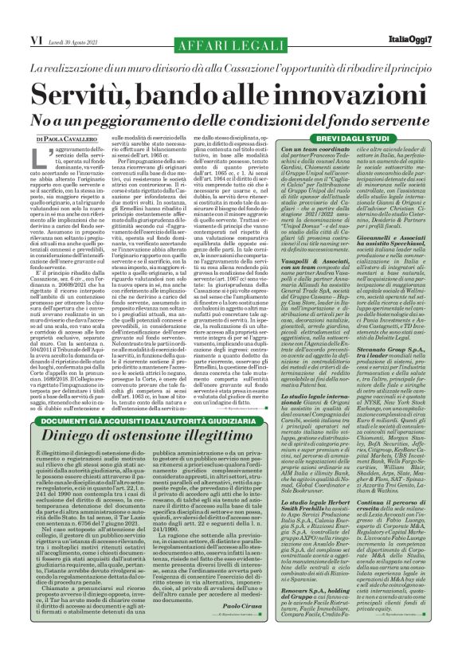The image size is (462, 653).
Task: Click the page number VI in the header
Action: [x=14, y=14]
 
